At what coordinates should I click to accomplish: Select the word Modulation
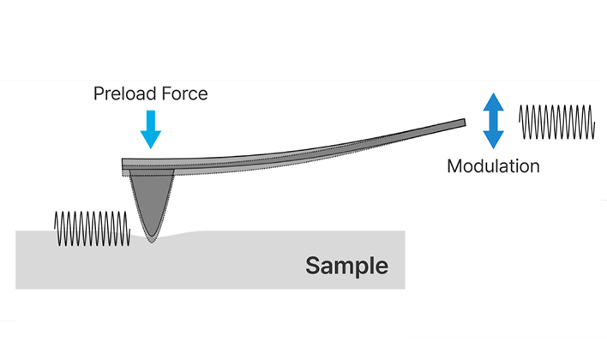tap(493, 166)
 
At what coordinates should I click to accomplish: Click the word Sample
tap(346, 266)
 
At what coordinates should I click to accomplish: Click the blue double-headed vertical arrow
tap(492, 123)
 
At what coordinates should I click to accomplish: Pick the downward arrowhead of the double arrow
tap(492, 142)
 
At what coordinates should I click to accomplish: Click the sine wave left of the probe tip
tap(92, 228)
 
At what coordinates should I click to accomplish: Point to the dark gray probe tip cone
tap(151, 201)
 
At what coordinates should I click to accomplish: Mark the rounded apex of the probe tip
tap(151, 239)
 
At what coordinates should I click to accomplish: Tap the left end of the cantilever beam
tap(126, 165)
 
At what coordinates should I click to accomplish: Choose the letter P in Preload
tap(99, 93)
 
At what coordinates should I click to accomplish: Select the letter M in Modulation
tap(454, 166)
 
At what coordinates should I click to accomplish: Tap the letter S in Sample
tap(313, 266)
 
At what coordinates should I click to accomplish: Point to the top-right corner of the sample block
tap(404, 231)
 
